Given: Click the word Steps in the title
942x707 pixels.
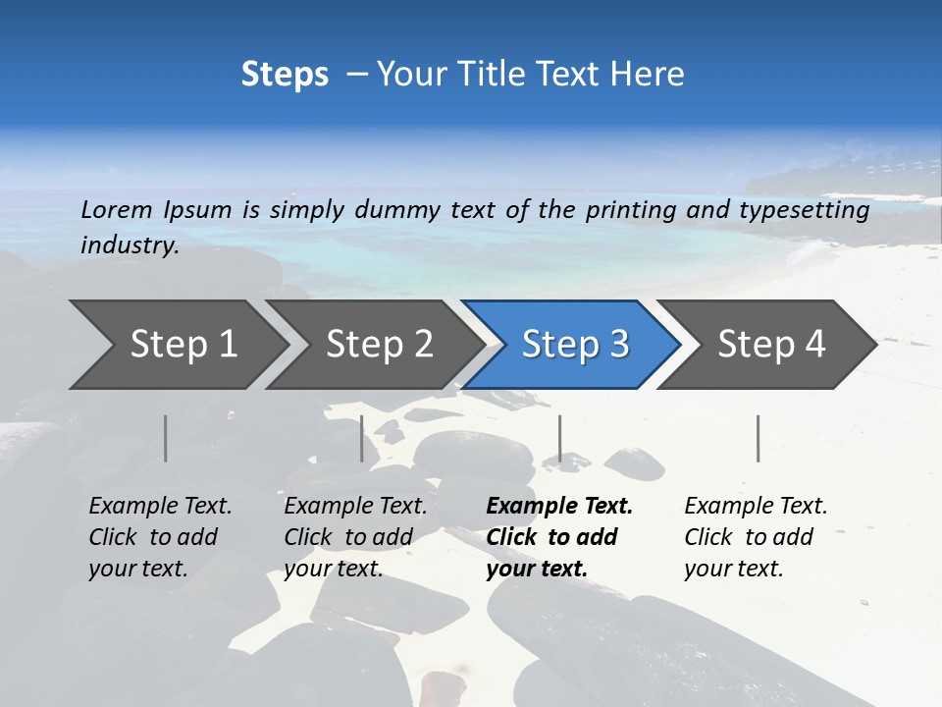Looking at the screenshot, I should [285, 75].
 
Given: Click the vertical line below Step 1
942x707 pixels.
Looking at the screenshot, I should [166, 438].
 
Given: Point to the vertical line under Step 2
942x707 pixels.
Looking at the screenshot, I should [362, 438].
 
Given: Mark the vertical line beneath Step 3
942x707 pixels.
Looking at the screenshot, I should [559, 438].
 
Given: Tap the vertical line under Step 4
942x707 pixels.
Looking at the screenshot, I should [758, 438].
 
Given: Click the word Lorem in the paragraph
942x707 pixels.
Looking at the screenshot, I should [117, 210].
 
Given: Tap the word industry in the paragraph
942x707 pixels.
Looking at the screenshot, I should [130, 245].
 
